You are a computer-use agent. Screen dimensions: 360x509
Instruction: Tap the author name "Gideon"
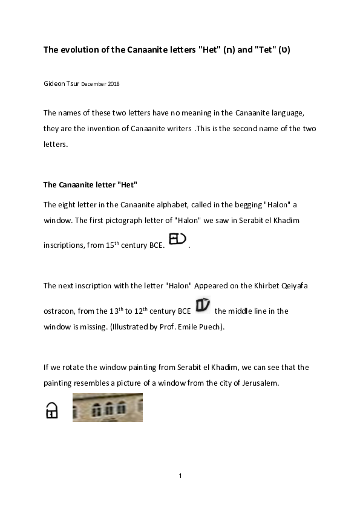[x=54, y=84]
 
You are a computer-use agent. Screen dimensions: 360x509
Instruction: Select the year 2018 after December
[x=114, y=84]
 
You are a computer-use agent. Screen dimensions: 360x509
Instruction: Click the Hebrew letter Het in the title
[x=229, y=50]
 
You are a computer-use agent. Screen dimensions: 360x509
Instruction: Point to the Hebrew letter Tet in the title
[x=284, y=50]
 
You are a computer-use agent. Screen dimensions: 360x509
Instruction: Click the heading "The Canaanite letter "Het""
[x=90, y=185]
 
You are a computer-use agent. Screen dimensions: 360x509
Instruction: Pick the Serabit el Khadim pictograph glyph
[x=177, y=239]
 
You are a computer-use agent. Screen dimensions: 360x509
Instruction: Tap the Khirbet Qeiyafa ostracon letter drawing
[x=203, y=305]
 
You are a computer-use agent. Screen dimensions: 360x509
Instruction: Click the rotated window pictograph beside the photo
[x=51, y=410]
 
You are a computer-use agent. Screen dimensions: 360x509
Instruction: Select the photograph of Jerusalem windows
[x=108, y=407]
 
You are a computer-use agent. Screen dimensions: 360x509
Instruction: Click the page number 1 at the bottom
[x=180, y=476]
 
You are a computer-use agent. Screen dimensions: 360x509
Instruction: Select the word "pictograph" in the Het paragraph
[x=124, y=221]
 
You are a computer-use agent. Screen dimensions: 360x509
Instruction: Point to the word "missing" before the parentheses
[x=94, y=327]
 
